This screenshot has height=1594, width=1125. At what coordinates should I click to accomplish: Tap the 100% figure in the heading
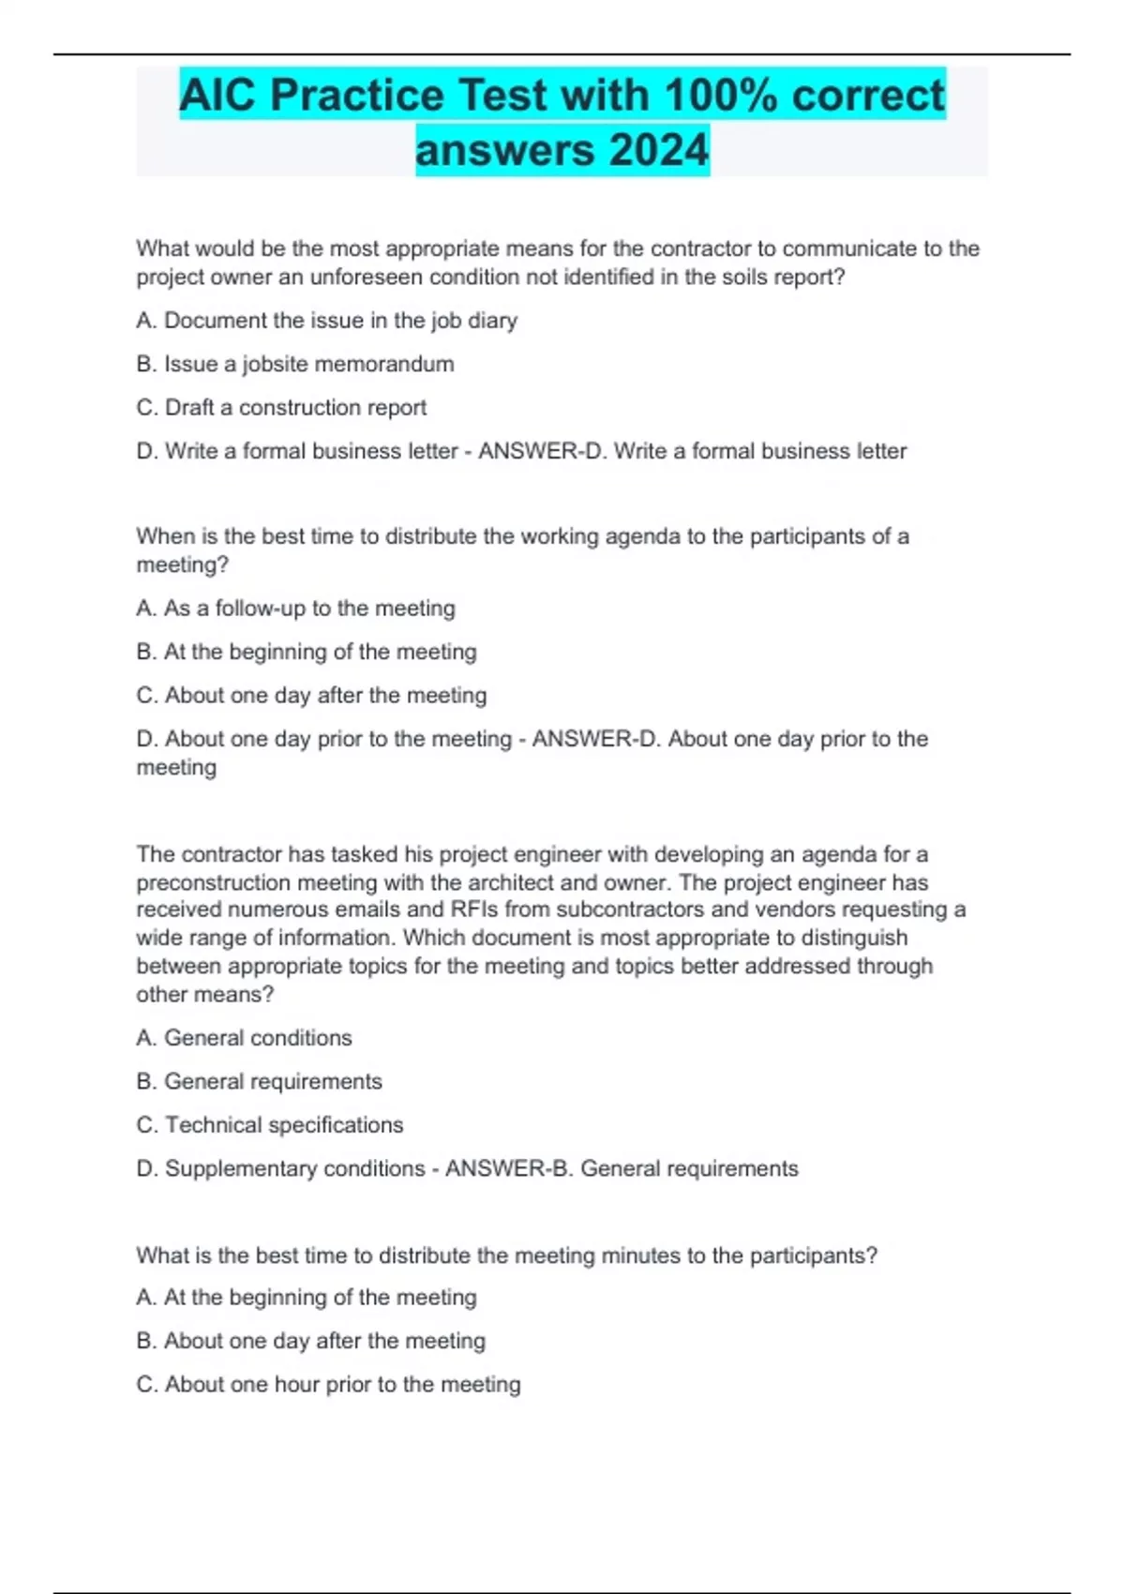pyautogui.click(x=717, y=96)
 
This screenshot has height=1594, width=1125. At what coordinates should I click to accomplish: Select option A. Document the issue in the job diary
pyautogui.click(x=326, y=321)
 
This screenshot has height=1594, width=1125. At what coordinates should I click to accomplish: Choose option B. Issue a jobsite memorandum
pyautogui.click(x=295, y=364)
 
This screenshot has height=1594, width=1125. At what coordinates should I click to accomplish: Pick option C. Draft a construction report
pyautogui.click(x=281, y=408)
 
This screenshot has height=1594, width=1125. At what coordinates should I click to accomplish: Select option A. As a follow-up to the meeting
pyautogui.click(x=295, y=609)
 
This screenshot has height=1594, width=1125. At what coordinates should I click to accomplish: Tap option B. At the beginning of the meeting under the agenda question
pyautogui.click(x=306, y=652)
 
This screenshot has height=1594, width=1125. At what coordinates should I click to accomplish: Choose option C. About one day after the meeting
pyautogui.click(x=311, y=696)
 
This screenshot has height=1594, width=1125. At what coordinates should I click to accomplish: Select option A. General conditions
pyautogui.click(x=244, y=1038)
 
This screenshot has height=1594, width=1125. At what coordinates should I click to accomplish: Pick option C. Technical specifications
pyautogui.click(x=270, y=1125)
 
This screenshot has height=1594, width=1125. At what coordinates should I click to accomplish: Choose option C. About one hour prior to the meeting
pyautogui.click(x=328, y=1385)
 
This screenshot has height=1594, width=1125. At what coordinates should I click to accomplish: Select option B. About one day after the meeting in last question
pyautogui.click(x=310, y=1341)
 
